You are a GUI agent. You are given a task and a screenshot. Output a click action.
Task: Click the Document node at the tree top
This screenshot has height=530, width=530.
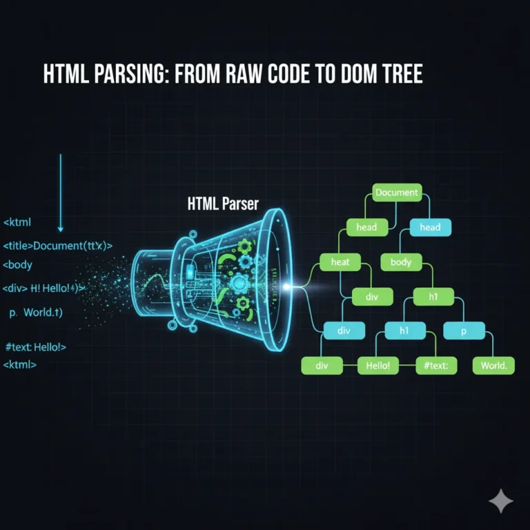click(397, 193)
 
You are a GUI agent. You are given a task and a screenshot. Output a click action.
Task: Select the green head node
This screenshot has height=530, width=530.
click(366, 226)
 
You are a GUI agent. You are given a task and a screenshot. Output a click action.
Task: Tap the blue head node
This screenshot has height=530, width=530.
click(430, 226)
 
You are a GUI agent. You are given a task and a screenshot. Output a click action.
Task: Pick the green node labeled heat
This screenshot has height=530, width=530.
click(340, 262)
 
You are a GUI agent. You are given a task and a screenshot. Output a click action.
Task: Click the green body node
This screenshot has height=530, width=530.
click(401, 262)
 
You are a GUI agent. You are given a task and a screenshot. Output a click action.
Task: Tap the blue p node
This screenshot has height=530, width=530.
click(463, 331)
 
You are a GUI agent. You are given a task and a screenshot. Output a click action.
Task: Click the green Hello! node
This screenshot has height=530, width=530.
click(377, 366)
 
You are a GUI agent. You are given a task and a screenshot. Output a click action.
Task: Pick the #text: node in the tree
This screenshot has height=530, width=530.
click(437, 366)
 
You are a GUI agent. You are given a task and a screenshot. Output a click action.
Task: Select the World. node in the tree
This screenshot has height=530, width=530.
click(493, 366)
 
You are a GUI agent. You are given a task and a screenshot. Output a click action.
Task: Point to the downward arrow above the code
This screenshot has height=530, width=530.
click(61, 193)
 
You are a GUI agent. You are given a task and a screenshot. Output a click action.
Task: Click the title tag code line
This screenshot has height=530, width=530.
click(58, 245)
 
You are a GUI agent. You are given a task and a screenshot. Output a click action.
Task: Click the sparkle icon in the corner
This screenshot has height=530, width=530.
click(500, 502)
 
